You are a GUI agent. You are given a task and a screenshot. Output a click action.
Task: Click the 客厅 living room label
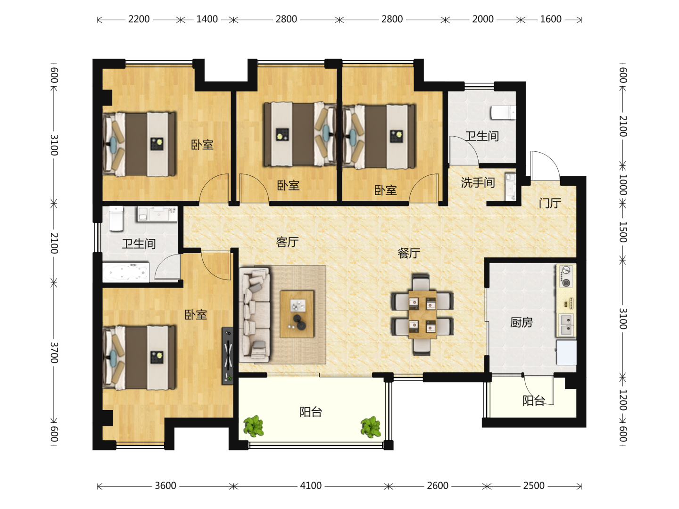click(287, 242)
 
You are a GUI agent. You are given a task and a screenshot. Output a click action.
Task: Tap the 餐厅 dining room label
click(409, 253)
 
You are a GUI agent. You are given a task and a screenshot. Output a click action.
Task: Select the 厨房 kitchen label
click(521, 322)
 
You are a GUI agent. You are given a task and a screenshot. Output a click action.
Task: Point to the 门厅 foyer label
click(550, 203)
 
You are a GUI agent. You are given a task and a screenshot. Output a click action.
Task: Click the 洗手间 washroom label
click(478, 182)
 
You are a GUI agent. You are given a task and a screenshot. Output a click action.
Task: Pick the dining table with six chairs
click(422, 314)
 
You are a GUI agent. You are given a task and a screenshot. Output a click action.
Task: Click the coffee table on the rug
click(297, 314)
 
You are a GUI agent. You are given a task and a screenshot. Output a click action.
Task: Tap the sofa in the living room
click(255, 315)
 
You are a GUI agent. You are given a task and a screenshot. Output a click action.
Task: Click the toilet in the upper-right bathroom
click(503, 112)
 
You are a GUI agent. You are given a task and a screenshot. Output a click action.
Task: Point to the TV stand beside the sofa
click(227, 356)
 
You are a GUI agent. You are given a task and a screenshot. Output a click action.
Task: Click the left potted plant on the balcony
click(254, 426)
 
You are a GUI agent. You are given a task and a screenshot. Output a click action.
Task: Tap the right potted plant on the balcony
click(371, 427)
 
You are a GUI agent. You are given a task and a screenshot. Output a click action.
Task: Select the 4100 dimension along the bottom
click(311, 485)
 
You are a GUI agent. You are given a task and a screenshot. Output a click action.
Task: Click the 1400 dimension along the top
click(207, 19)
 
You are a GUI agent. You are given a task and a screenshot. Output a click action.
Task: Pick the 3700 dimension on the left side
click(54, 353)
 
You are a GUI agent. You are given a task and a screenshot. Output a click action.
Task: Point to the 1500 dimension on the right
click(623, 232)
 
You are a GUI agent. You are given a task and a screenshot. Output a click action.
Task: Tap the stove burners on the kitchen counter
click(566, 276)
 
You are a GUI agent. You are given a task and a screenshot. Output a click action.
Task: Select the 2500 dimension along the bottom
click(534, 485)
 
